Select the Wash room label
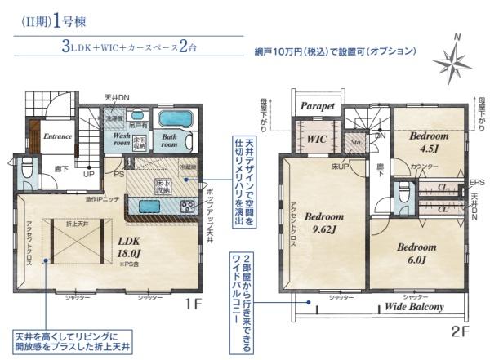point(122,140)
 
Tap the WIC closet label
point(317,139)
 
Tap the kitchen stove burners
point(187,206)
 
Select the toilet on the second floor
point(402,195)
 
